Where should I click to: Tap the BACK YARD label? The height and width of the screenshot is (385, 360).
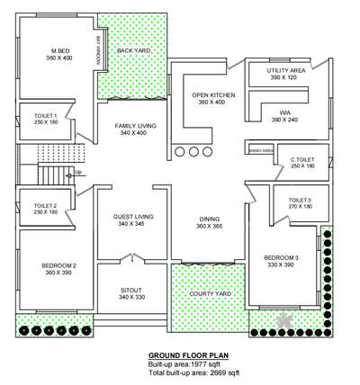point(133,50)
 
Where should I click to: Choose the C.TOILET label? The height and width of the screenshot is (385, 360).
point(302,162)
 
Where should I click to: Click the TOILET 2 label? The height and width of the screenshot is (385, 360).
point(45,208)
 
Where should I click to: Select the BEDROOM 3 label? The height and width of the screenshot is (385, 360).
point(283,260)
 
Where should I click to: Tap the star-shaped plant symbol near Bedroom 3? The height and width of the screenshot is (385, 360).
point(287,319)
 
